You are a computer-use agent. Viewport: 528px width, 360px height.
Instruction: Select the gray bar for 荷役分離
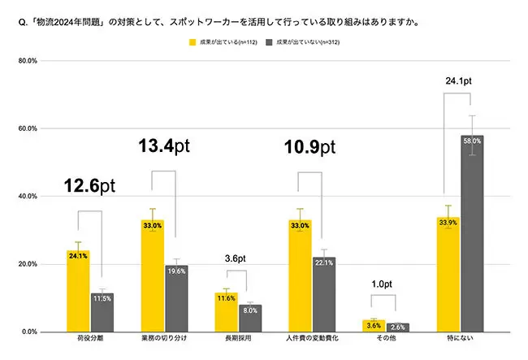(x=102, y=312)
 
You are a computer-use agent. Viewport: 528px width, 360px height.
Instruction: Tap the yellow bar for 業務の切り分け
(x=152, y=275)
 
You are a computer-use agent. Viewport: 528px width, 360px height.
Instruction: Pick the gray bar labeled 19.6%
(x=176, y=298)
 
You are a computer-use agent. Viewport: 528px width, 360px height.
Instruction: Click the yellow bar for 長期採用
(x=226, y=312)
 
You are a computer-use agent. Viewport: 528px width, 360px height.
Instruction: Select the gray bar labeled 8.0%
(x=250, y=318)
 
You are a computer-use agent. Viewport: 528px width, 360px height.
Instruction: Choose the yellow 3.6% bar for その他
(x=374, y=326)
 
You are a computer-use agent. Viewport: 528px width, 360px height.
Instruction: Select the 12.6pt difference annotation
(x=90, y=186)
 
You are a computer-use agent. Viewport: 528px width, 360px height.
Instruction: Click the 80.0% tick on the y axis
(x=29, y=61)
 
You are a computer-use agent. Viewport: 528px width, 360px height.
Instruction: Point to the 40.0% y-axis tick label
(x=29, y=197)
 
